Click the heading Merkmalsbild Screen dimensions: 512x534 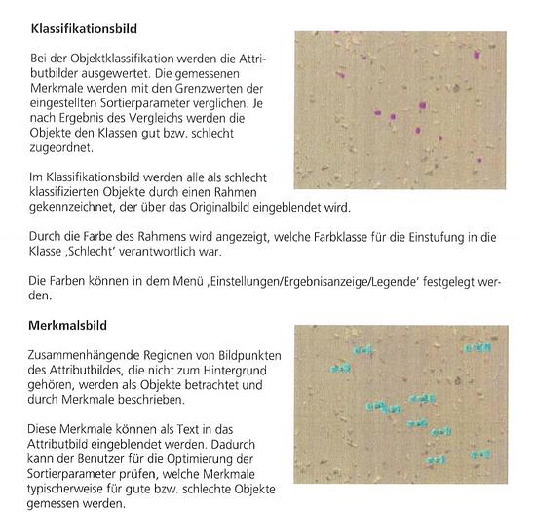pyautogui.click(x=68, y=322)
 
